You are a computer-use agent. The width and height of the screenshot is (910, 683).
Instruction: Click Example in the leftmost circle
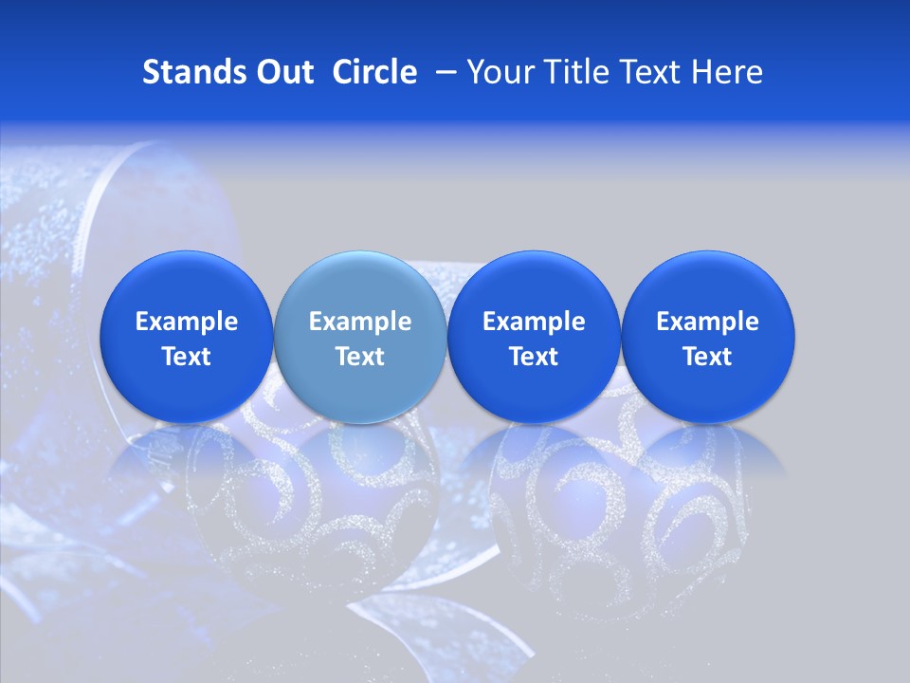point(186,322)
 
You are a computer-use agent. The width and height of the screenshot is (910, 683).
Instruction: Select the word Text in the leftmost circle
point(186,357)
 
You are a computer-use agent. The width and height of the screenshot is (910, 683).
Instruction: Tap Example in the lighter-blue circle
point(360,322)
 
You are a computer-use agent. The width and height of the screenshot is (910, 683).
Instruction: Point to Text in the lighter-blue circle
point(360,357)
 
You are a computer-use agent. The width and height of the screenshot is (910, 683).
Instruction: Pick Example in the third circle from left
point(534,322)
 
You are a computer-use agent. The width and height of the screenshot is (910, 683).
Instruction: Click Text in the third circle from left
point(534,357)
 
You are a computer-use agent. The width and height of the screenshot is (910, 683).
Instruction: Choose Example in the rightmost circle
point(707,322)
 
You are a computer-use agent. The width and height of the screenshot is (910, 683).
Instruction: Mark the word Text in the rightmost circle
point(707,357)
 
